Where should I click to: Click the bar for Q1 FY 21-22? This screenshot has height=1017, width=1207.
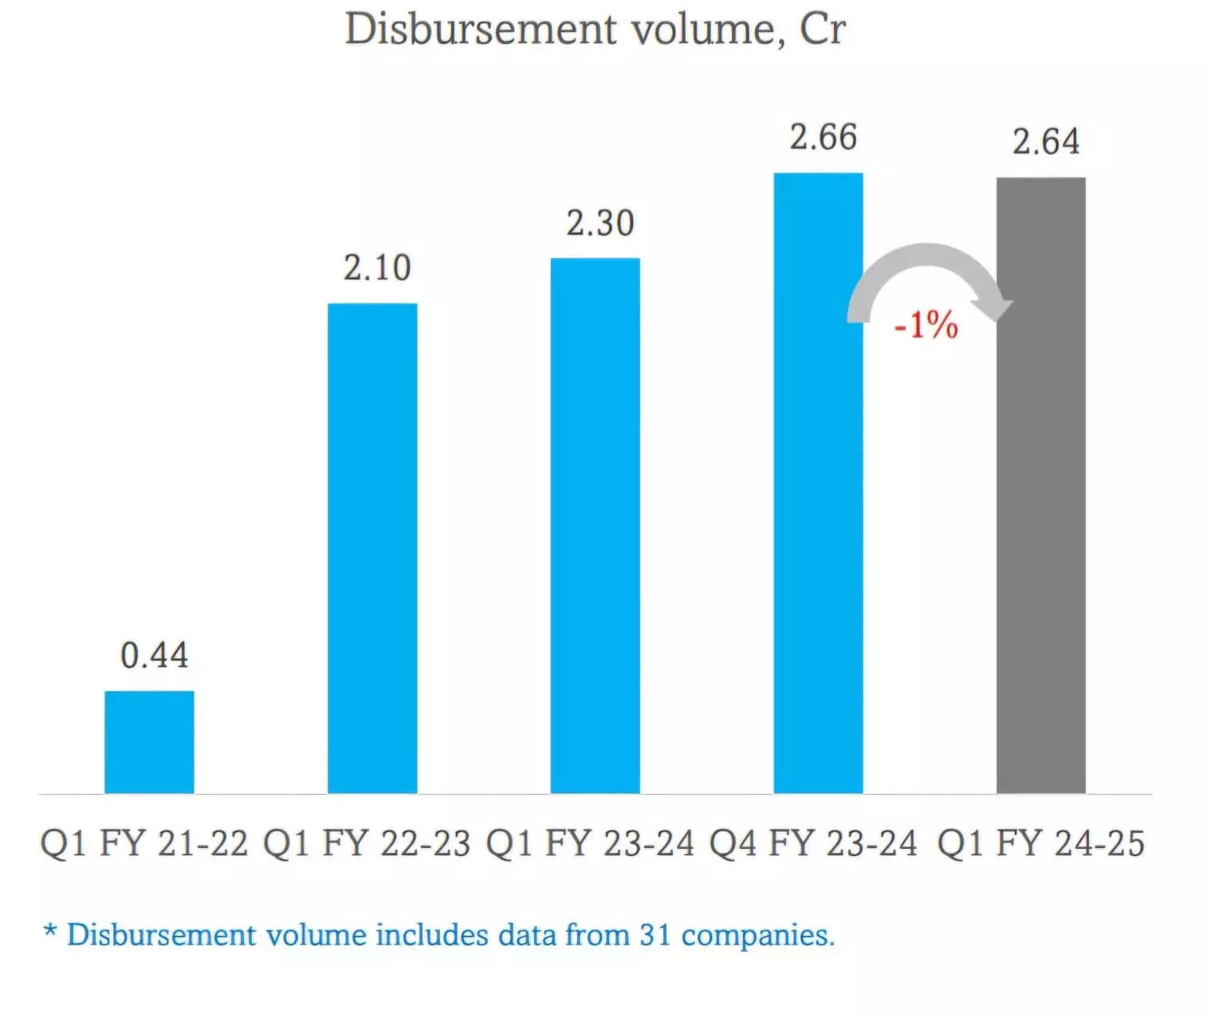[x=149, y=741]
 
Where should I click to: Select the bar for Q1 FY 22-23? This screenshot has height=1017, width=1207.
[x=372, y=548]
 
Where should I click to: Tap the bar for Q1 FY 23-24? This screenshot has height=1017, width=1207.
[x=595, y=525]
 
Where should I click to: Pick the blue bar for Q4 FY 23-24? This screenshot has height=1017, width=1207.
[x=818, y=483]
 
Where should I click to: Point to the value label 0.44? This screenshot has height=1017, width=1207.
[x=154, y=655]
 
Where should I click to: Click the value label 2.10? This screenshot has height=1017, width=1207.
[x=377, y=268]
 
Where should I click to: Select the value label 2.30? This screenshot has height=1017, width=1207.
[x=600, y=223]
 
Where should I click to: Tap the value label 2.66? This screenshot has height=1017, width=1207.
[x=823, y=137]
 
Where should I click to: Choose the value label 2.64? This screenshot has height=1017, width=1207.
[x=1046, y=142]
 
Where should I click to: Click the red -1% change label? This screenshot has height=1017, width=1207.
[x=926, y=325]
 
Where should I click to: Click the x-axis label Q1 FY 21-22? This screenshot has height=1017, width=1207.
[x=144, y=843]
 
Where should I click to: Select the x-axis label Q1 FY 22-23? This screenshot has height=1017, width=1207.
[x=367, y=843]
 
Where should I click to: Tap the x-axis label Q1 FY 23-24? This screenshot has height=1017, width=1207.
[x=590, y=843]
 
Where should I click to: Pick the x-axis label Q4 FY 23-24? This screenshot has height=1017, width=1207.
[x=813, y=843]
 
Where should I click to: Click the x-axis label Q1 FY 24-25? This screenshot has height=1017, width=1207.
[x=1040, y=843]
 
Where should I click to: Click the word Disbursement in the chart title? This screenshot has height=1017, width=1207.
[x=481, y=29]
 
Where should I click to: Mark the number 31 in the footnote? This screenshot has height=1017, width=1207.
[x=655, y=935]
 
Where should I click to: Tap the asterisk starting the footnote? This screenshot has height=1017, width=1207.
[x=50, y=930]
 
